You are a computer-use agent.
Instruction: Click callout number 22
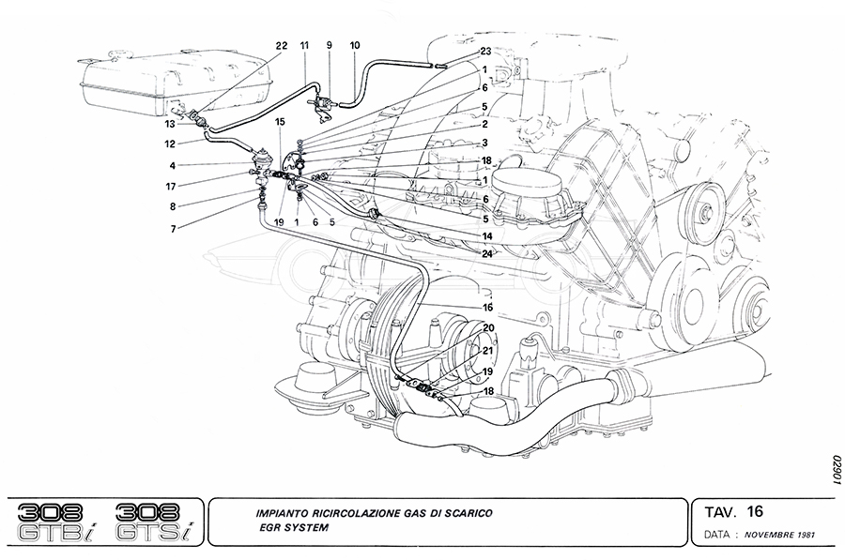point(282,46)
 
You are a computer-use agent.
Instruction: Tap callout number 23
point(485,51)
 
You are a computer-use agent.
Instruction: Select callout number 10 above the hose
point(355,45)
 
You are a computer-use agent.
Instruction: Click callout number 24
point(486,251)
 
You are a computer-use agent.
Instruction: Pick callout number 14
point(486,235)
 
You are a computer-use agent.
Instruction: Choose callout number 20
point(487,327)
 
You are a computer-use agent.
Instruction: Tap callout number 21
point(487,350)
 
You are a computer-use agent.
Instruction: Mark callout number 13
point(171,123)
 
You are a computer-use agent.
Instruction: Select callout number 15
point(280,123)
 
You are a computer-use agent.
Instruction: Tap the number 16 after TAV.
point(757,511)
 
